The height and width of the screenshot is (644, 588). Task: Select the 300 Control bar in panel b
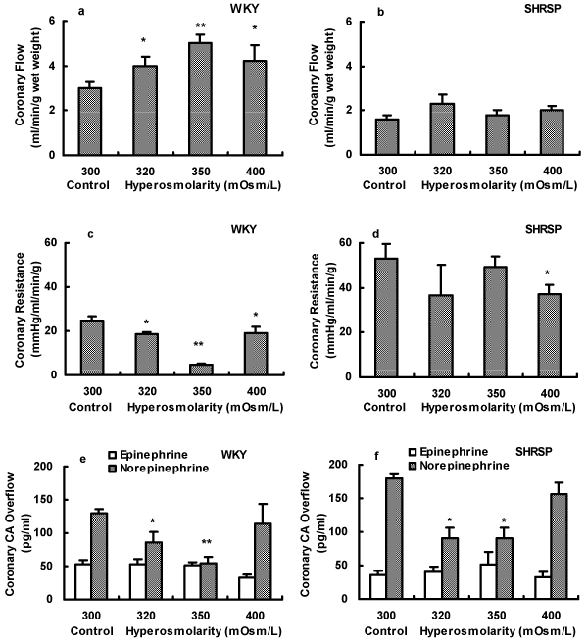[386, 135]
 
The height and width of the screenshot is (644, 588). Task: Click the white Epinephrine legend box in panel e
[114, 455]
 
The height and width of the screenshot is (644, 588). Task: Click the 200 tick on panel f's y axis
[335, 466]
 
